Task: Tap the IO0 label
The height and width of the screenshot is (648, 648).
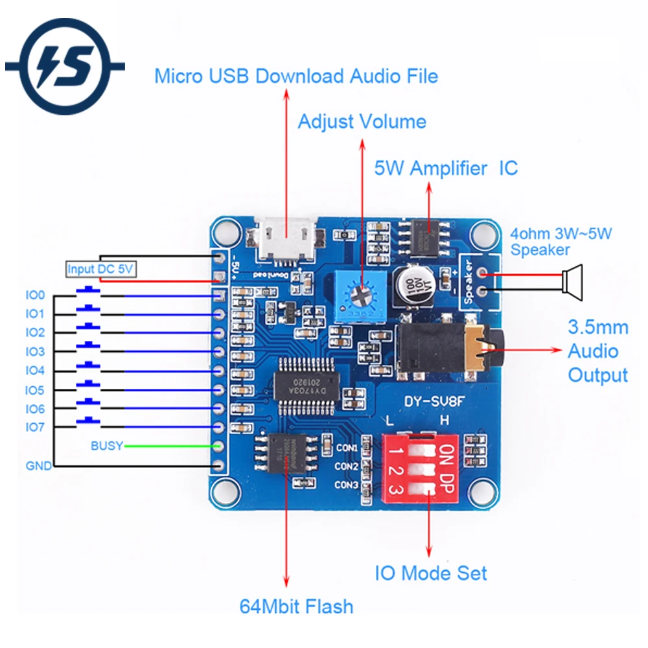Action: [35, 295]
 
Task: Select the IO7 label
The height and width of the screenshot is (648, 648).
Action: [35, 428]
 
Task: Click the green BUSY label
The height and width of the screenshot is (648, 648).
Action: [106, 446]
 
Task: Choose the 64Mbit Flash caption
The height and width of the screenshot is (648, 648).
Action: [297, 607]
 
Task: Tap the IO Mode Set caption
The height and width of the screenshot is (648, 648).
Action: [431, 573]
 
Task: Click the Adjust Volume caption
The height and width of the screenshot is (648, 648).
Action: [362, 122]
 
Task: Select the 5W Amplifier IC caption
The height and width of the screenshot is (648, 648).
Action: [446, 168]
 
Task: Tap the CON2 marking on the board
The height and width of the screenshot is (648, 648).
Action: [347, 466]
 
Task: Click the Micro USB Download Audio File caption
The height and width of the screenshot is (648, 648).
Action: [296, 76]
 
